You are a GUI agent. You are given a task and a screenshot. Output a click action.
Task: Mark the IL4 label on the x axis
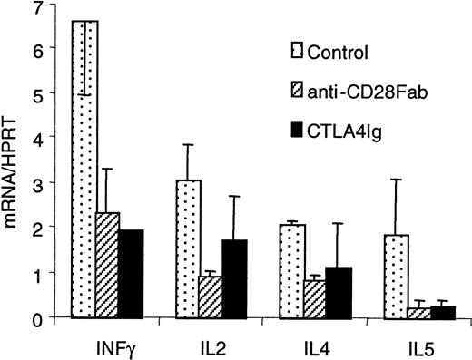click(314, 345)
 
